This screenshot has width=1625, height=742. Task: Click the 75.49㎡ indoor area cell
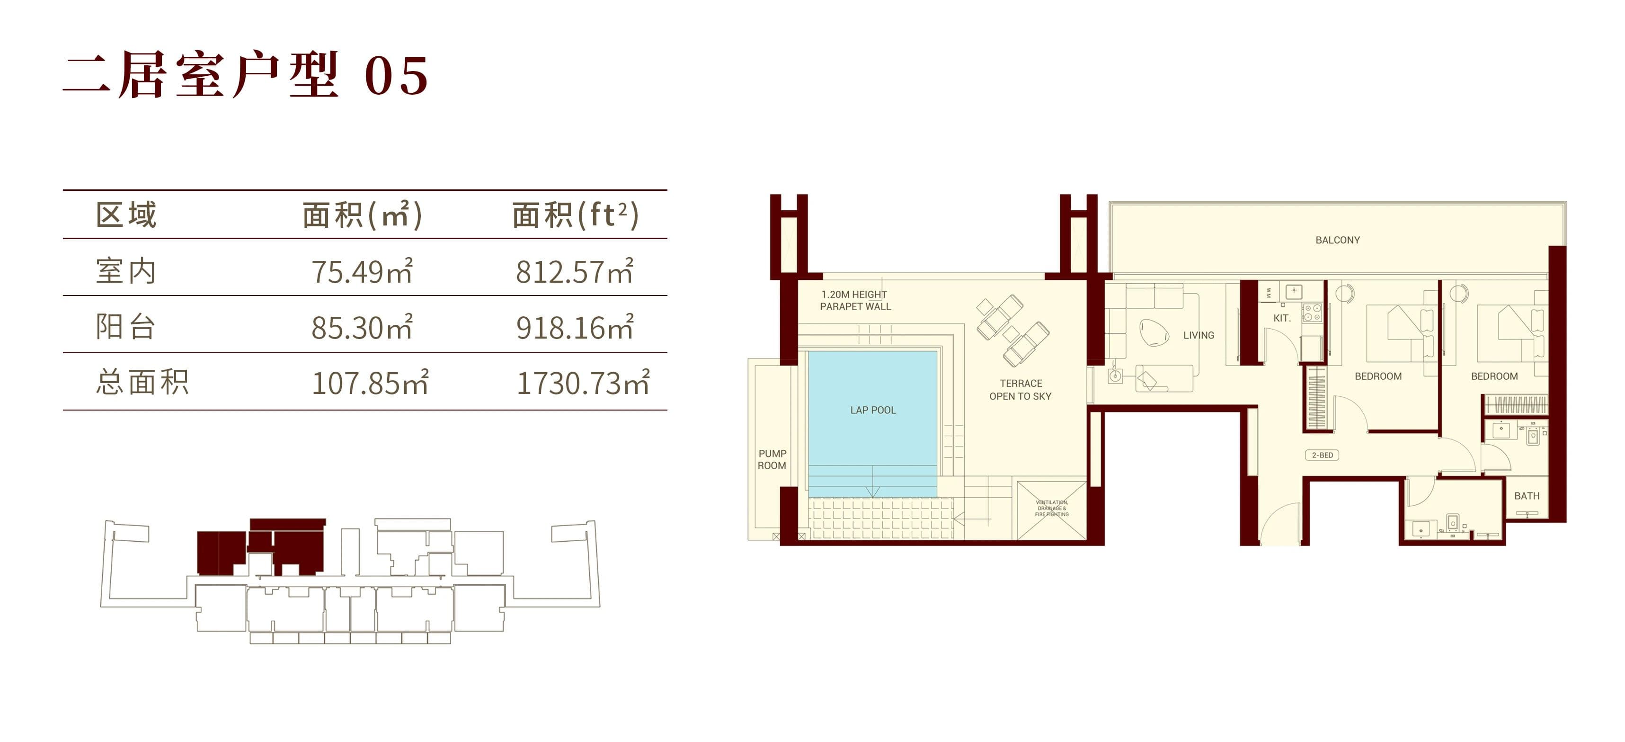pyautogui.click(x=362, y=271)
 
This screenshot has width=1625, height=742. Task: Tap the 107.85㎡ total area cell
pyautogui.click(x=370, y=382)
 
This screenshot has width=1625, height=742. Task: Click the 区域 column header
pyautogui.click(x=126, y=215)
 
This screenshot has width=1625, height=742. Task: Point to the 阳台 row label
pyautogui.click(x=125, y=327)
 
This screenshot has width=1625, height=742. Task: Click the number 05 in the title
pyautogui.click(x=397, y=76)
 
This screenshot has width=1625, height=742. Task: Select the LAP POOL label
pyautogui.click(x=873, y=410)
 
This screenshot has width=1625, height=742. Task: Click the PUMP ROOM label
pyautogui.click(x=772, y=459)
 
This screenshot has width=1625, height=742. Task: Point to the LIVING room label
pyautogui.click(x=1199, y=335)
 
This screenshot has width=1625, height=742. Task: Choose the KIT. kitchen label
pyautogui.click(x=1282, y=318)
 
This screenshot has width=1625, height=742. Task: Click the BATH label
pyautogui.click(x=1527, y=496)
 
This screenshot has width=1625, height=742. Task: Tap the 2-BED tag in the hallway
pyautogui.click(x=1322, y=455)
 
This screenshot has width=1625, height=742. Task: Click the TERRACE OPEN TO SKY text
pyautogui.click(x=1020, y=390)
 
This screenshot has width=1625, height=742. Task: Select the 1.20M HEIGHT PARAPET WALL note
pyautogui.click(x=855, y=300)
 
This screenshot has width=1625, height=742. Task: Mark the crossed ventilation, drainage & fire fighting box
pyautogui.click(x=1052, y=510)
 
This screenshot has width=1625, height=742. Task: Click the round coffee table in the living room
pyautogui.click(x=1154, y=332)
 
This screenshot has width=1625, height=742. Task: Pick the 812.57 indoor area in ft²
pyautogui.click(x=575, y=271)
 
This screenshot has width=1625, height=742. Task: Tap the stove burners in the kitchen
pyautogui.click(x=1312, y=313)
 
